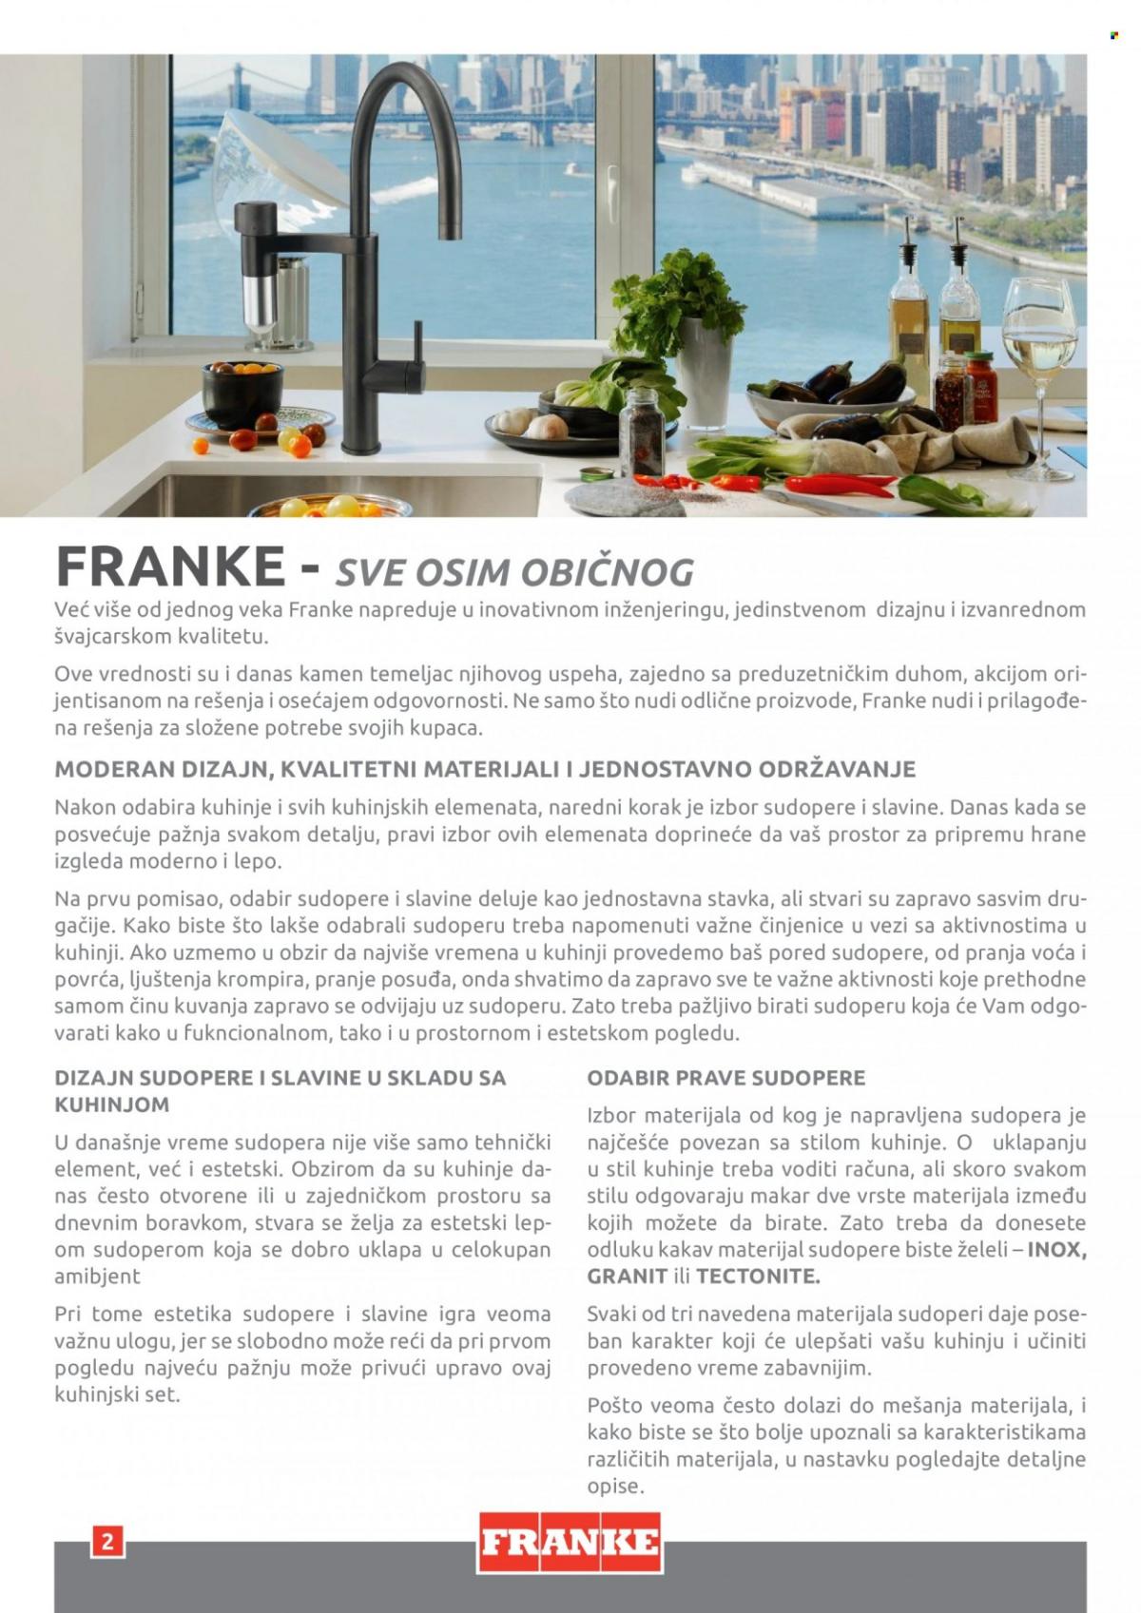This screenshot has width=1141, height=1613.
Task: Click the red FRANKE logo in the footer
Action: [570, 1542]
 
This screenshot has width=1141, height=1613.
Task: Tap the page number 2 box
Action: [106, 1541]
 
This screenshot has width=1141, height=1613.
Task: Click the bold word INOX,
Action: [1056, 1250]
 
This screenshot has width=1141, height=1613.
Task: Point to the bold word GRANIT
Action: [627, 1277]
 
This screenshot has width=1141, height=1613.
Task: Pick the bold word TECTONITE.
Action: [757, 1277]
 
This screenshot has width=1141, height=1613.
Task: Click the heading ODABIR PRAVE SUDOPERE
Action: [725, 1078]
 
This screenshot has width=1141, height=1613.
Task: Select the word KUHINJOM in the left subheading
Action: [111, 1104]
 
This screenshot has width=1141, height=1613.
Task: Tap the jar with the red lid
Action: [980, 388]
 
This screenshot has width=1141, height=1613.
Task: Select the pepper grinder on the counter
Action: [642, 432]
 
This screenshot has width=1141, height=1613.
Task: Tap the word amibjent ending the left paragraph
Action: [97, 1277]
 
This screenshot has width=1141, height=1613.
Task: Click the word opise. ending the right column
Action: [615, 1486]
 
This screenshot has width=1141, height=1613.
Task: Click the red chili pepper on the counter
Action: [837, 487]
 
